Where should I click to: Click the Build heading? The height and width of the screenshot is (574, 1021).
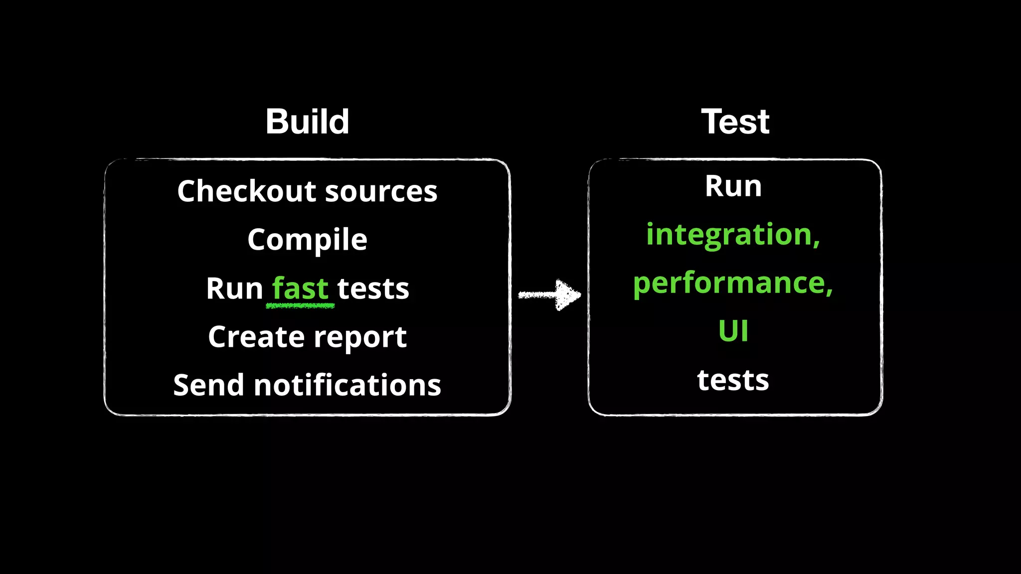pos(307,122)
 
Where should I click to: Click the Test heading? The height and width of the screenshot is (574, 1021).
pos(735,122)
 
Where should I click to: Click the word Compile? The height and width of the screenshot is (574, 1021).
pos(307,240)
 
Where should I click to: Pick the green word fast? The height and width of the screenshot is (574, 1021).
pos(300,288)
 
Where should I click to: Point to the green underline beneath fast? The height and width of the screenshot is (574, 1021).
pos(300,305)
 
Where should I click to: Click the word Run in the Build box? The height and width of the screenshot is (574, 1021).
pos(234,288)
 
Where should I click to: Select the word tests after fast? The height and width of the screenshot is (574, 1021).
pos(373,289)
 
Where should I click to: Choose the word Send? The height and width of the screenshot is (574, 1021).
pos(209,385)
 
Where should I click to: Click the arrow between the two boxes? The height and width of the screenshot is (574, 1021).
pos(549,295)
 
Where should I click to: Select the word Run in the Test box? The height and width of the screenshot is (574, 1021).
pos(733,186)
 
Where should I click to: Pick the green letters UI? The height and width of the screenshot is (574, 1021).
pos(733,331)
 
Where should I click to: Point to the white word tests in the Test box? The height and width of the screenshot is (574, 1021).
pos(733,380)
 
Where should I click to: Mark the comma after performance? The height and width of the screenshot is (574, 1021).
pos(829,291)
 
